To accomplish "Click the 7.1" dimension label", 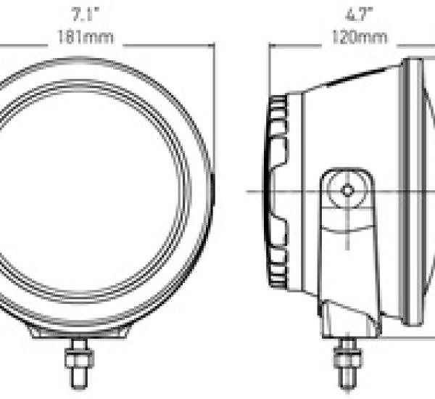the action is tap(86, 15).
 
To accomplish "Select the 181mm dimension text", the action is tap(86, 37).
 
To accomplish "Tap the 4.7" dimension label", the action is tap(360, 15).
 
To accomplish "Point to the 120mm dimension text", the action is tap(360, 37).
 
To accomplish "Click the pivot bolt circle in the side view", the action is tap(347, 191).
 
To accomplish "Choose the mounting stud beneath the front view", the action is tap(79, 363).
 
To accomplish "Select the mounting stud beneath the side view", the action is tap(348, 363).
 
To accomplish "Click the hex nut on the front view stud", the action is tap(79, 359).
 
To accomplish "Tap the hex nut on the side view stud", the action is tap(348, 359).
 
